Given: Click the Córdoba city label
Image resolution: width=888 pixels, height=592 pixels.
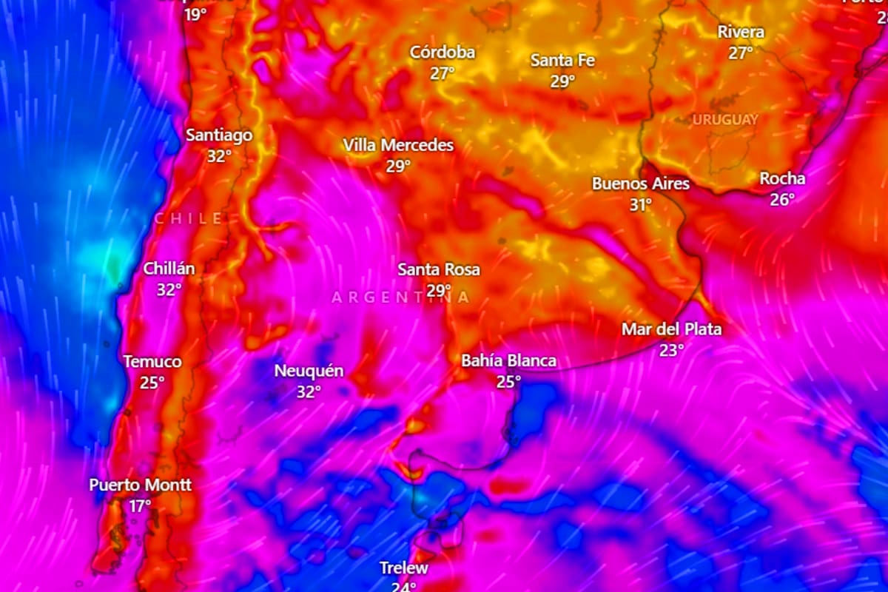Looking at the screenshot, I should point(443,53).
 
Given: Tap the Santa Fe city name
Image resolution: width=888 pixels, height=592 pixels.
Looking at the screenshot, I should point(562,61).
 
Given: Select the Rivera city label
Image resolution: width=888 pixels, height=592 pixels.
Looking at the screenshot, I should point(741,33).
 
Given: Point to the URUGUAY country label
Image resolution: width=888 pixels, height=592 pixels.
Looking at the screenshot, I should point(725,119).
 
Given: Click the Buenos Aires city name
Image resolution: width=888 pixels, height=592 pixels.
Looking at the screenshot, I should point(641,184).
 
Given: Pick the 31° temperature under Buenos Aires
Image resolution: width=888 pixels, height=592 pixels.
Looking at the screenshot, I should point(641,205).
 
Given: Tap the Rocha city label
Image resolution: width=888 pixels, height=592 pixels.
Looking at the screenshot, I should point(782,179).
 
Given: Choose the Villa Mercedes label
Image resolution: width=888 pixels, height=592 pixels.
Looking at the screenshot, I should point(398,146).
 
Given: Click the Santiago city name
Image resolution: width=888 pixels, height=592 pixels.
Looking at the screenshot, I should point(219,135).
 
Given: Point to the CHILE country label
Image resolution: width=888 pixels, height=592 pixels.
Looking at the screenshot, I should point(189,218).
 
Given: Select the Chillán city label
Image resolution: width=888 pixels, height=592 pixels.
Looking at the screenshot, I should point(169,269).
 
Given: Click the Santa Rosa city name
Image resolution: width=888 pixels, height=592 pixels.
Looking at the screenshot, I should point(439,269).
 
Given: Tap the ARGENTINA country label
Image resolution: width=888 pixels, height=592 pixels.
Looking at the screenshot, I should point(400,297).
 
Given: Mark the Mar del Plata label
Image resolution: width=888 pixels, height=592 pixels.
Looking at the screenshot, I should point(671,329).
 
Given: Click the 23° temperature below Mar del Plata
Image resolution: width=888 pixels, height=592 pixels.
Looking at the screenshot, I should point(671,350).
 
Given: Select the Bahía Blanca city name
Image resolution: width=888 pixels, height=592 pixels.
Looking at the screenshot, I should point(509,361).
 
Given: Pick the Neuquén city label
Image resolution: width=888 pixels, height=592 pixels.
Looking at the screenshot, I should point(309,371).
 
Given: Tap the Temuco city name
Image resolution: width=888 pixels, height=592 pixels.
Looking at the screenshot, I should point(152,362).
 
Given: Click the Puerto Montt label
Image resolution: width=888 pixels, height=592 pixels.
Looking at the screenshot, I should point(141,485).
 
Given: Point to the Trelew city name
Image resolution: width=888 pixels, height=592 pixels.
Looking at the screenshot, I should point(404,568).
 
